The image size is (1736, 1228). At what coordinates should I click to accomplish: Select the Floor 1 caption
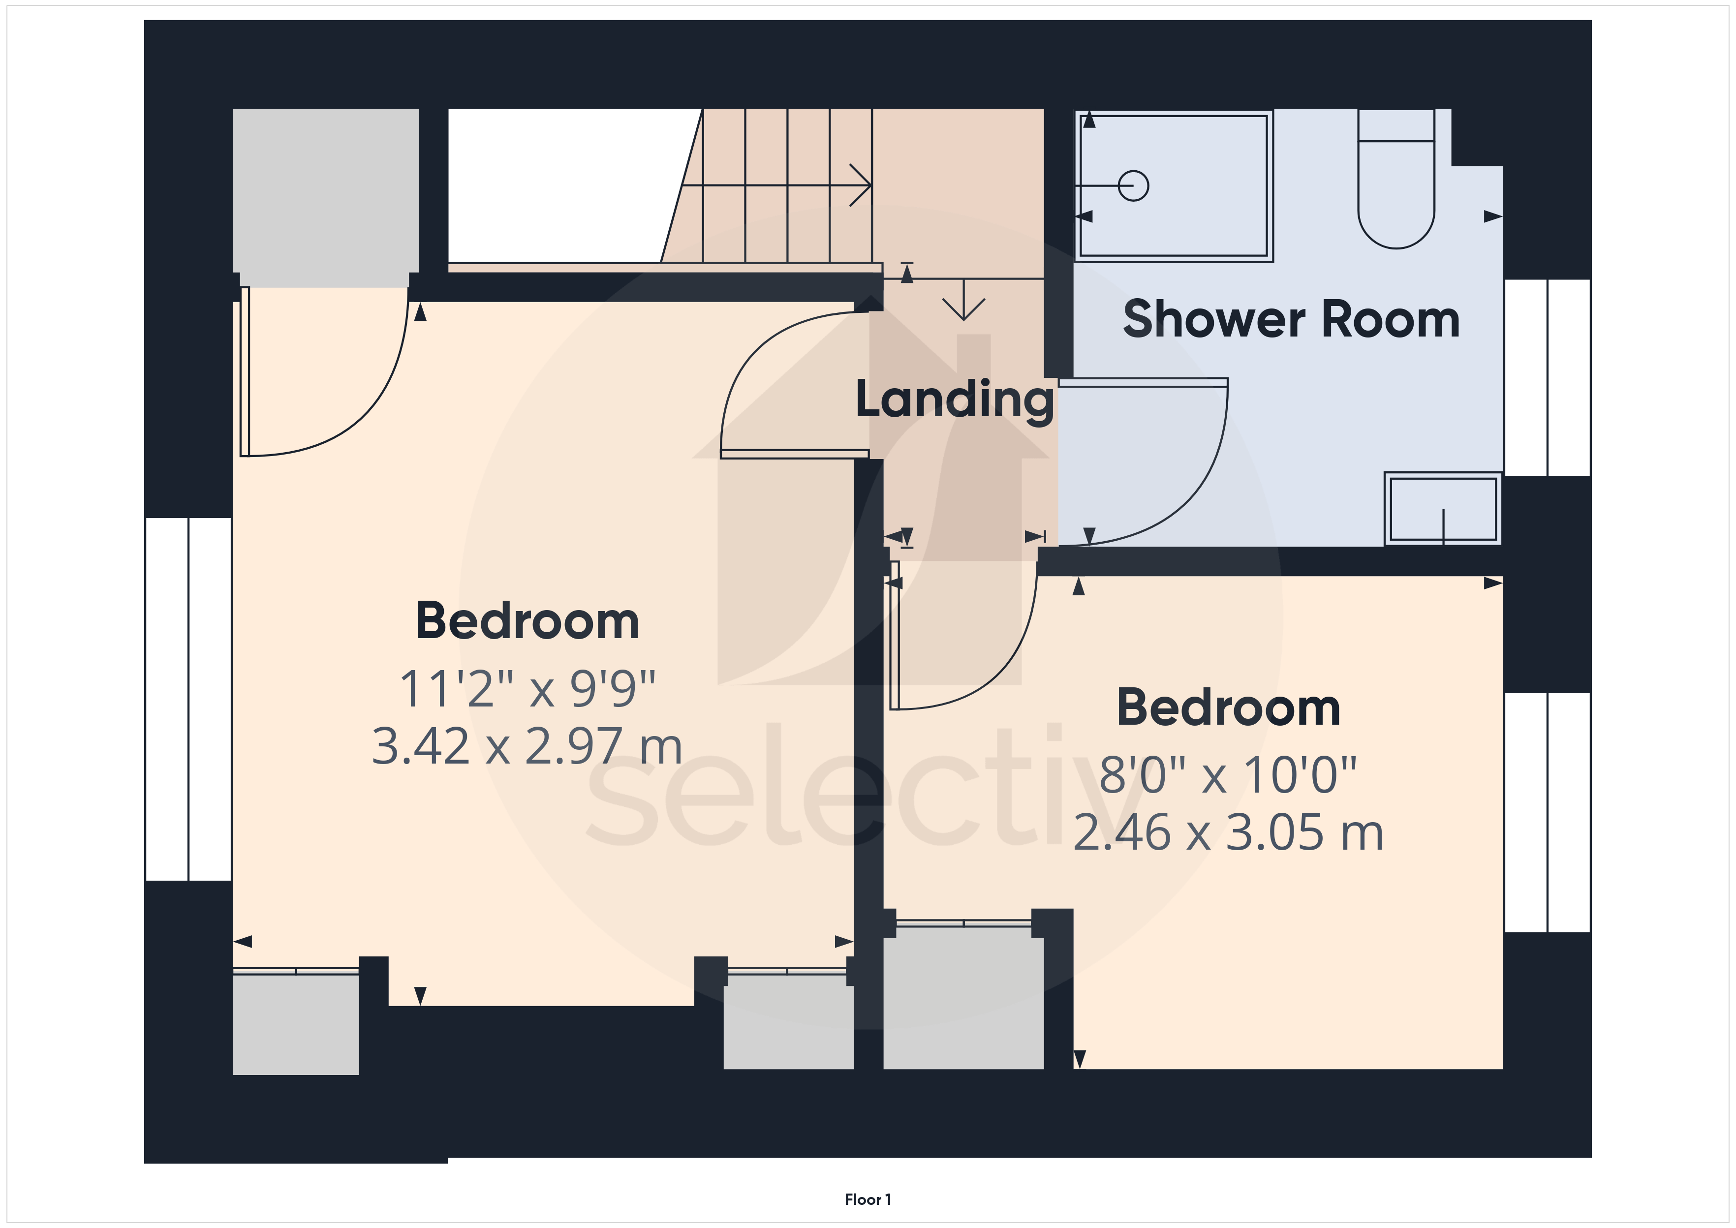(x=868, y=1199)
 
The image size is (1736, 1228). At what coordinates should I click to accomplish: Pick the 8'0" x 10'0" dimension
(x=1228, y=774)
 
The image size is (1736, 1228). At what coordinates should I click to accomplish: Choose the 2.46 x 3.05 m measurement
(x=1228, y=832)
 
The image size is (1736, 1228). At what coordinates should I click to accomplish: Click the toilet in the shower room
(x=1396, y=179)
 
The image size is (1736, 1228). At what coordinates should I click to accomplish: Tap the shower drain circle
(x=1133, y=185)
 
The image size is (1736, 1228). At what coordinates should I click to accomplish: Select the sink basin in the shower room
(x=1443, y=508)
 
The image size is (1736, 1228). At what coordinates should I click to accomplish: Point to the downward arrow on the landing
(x=964, y=300)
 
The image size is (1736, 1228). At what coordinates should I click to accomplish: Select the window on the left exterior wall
(x=188, y=700)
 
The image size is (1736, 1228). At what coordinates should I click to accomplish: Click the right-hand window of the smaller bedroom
(x=1547, y=812)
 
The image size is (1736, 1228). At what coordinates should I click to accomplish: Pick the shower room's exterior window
(x=1547, y=377)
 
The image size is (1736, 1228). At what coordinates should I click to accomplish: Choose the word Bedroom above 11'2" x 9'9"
(x=527, y=621)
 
